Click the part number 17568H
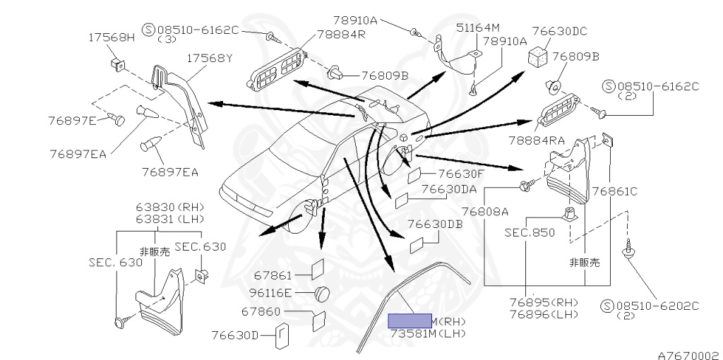coord(111,37)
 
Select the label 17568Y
coord(210,59)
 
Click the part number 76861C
coord(614,191)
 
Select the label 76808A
coord(506,211)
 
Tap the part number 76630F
coord(460,173)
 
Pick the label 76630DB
coord(435,224)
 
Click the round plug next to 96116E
coord(323,292)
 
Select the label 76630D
coord(236,335)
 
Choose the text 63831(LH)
coord(170,219)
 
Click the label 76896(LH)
coord(544,314)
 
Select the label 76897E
coord(71,120)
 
